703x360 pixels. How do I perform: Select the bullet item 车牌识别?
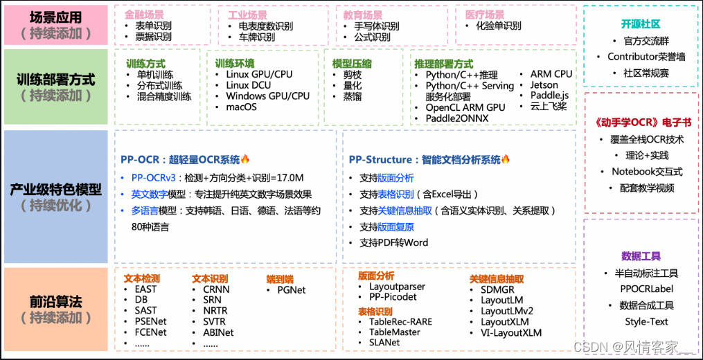(257, 37)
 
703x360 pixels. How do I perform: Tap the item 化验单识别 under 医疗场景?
(498, 26)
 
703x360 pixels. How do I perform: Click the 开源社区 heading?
(641, 24)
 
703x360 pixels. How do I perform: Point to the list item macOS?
(241, 107)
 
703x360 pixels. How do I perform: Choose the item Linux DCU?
(249, 85)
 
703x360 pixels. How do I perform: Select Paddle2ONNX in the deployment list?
(456, 118)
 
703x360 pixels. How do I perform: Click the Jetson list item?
(544, 85)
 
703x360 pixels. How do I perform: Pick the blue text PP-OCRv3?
(154, 177)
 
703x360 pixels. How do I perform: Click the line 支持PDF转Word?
(393, 242)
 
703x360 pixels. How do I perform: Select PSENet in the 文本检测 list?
(150, 321)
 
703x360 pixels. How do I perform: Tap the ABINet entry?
(218, 332)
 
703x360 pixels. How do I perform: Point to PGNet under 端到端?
(291, 290)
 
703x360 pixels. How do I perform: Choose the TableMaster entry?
(395, 332)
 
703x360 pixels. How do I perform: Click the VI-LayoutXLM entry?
(511, 332)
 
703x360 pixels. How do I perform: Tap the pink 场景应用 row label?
(55, 24)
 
